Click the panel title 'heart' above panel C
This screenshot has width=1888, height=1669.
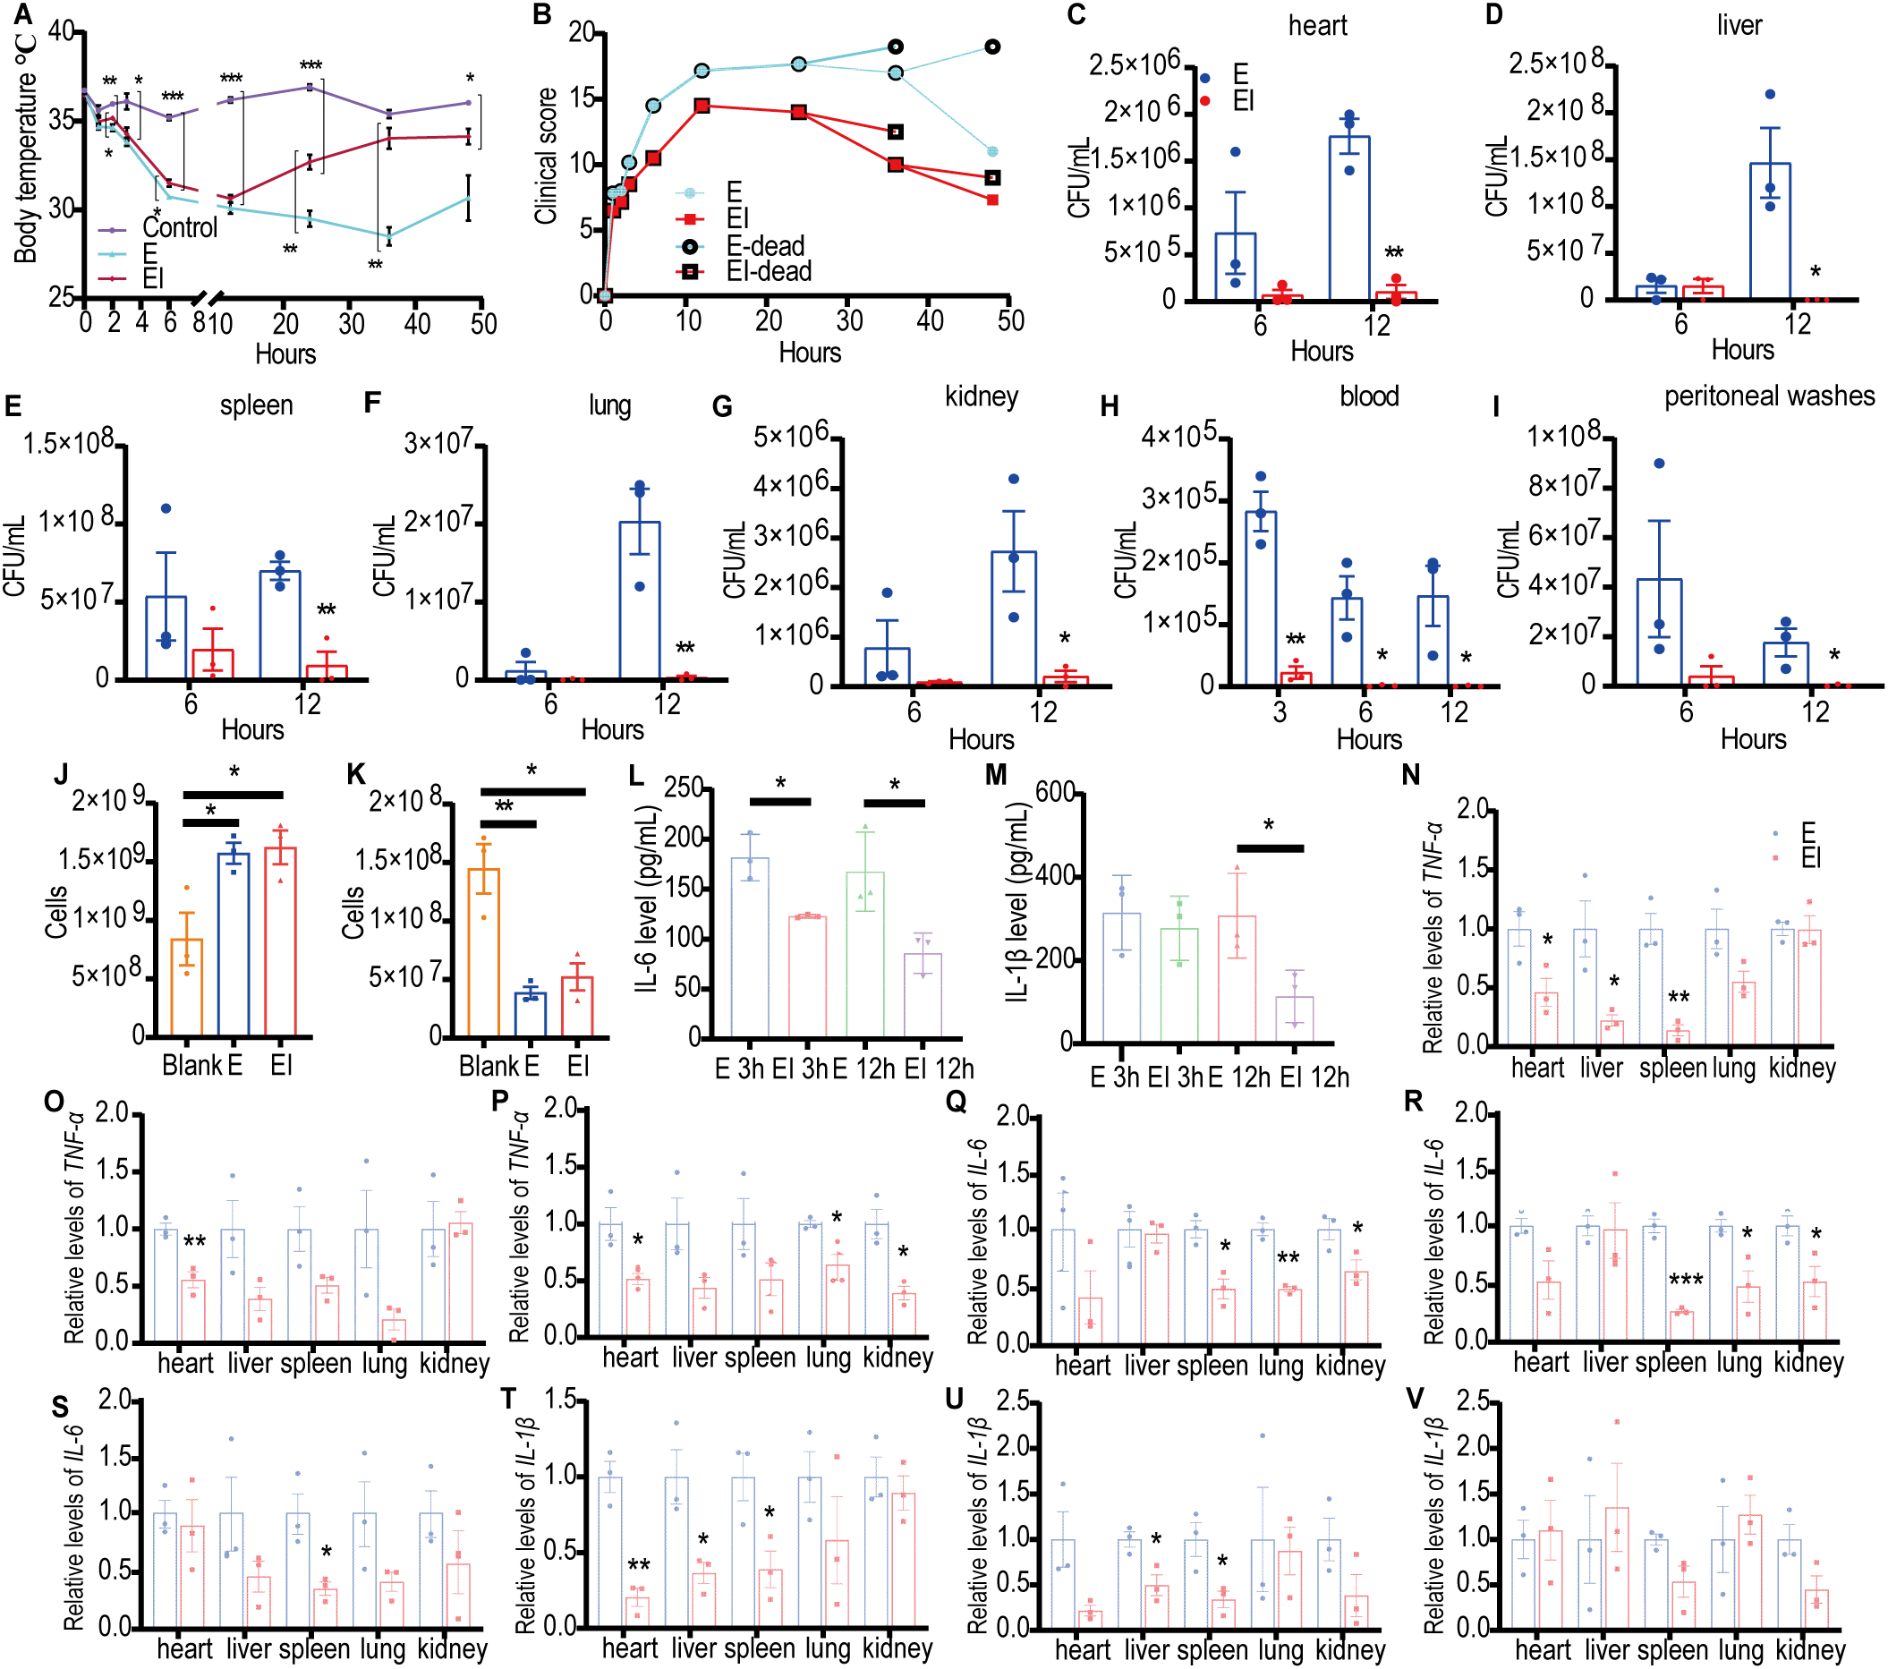point(1317,25)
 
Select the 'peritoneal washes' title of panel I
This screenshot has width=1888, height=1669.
point(1769,396)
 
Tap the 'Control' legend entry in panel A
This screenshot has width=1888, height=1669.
point(179,227)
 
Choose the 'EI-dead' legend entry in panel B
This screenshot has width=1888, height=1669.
point(769,270)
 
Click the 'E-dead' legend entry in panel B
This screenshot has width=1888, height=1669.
point(765,246)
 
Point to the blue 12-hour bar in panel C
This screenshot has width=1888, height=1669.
point(1348,218)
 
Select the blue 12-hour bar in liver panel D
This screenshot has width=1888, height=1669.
point(1770,231)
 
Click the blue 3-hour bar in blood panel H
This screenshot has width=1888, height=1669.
point(1261,599)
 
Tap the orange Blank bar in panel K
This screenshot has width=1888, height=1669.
point(484,951)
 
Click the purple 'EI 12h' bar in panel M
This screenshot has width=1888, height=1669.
point(1294,1019)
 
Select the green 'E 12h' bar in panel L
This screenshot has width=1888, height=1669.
point(865,955)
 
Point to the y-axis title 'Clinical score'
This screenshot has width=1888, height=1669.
point(546,155)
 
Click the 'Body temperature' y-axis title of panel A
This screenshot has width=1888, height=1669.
point(26,148)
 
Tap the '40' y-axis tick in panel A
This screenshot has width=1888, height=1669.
point(61,30)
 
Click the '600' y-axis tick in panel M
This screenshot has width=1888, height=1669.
point(1055,792)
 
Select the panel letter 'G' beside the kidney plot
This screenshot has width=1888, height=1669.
point(722,406)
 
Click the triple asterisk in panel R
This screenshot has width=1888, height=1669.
point(1685,1280)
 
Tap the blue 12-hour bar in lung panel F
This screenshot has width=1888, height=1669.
point(639,600)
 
